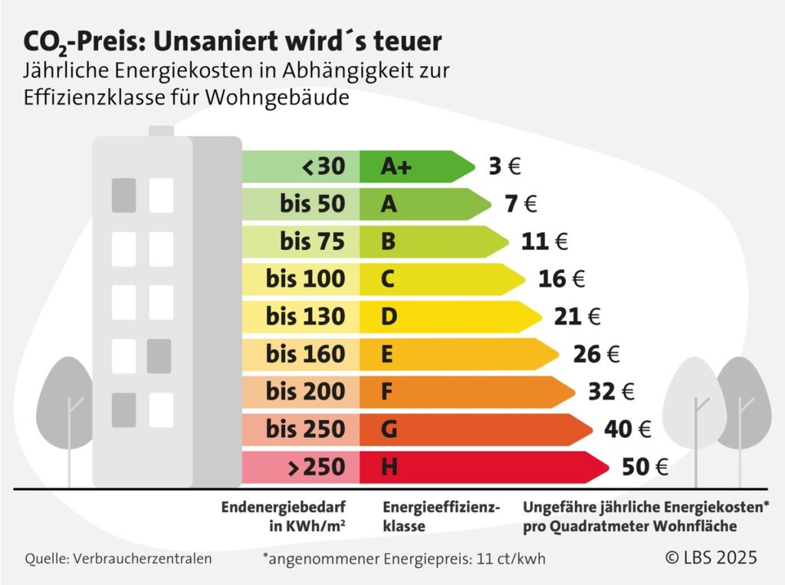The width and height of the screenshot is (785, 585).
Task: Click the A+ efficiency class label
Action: coord(396,166)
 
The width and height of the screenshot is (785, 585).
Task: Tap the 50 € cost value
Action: coord(645,467)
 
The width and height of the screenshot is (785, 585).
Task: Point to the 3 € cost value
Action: coord(504,166)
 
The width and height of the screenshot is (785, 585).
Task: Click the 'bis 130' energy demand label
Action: coord(306,316)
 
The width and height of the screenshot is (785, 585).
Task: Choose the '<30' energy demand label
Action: coord(324,166)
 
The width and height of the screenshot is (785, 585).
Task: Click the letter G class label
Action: coord(389,429)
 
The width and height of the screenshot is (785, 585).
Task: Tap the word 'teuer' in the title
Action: coord(412,39)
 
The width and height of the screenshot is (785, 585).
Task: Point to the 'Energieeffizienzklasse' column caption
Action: coord(441,517)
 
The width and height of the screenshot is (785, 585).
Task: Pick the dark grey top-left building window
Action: coord(123,196)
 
